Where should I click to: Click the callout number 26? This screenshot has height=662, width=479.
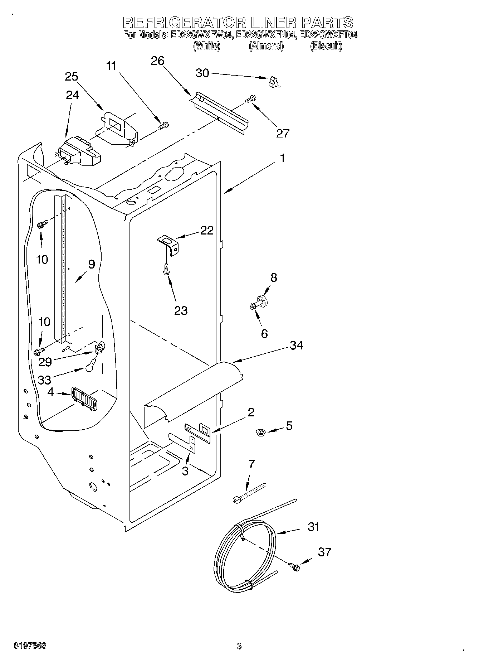[157, 61]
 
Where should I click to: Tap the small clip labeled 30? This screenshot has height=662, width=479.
[274, 82]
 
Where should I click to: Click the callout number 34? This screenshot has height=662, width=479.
[297, 346]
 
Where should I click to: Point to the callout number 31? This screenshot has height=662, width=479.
[313, 527]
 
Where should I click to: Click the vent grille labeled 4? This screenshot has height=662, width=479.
[84, 398]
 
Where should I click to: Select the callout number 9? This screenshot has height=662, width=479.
[92, 265]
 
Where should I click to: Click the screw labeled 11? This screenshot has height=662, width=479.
[164, 126]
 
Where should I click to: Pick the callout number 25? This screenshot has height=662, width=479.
[72, 77]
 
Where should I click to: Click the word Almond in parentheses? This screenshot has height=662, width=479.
[266, 46]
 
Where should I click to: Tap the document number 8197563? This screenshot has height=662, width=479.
[30, 646]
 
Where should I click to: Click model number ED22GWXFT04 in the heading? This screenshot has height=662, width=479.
[328, 35]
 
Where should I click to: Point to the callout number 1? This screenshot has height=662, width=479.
[282, 158]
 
